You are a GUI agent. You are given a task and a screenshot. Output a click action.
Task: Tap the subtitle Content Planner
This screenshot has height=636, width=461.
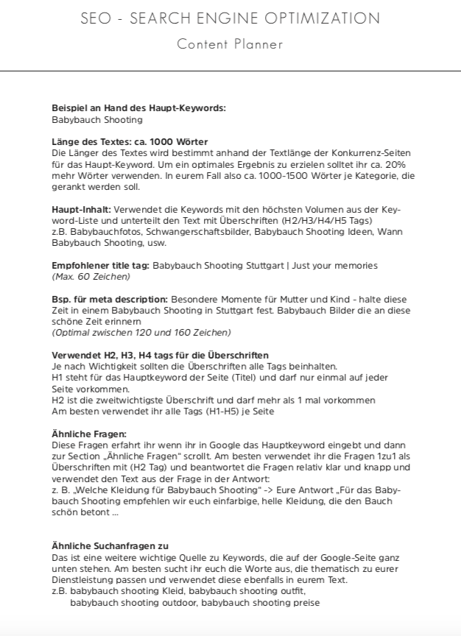click(x=230, y=44)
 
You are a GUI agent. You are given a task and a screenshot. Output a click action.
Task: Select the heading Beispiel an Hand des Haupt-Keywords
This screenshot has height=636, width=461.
click(x=138, y=108)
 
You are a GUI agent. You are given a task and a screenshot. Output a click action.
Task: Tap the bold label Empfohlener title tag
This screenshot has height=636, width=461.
click(x=100, y=265)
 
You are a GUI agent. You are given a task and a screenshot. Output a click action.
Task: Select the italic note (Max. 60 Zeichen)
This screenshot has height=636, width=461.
click(x=91, y=276)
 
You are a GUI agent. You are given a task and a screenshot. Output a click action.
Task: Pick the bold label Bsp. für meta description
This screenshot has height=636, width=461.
click(x=110, y=300)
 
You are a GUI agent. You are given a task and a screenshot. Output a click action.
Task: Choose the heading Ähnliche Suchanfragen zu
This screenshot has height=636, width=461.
click(x=110, y=546)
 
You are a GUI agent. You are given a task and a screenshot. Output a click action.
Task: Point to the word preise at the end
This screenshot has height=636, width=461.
click(x=306, y=602)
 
